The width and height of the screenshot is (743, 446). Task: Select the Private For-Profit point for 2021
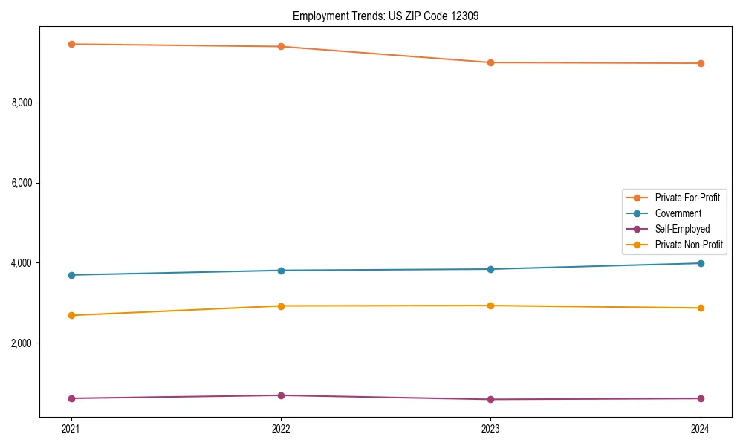71,44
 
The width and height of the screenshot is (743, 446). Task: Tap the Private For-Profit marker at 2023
490,62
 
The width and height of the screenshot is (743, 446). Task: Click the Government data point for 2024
701,263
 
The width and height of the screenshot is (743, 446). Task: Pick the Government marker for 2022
281,271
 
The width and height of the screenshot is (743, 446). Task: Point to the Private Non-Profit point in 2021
71,315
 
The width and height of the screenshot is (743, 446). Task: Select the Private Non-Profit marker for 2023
490,306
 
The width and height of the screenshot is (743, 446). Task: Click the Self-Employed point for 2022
281,395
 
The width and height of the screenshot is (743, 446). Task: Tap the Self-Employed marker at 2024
701,398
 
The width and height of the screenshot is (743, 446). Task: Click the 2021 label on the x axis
71,428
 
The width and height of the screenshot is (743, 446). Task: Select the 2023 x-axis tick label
490,428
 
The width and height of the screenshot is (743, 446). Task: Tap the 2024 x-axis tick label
701,428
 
